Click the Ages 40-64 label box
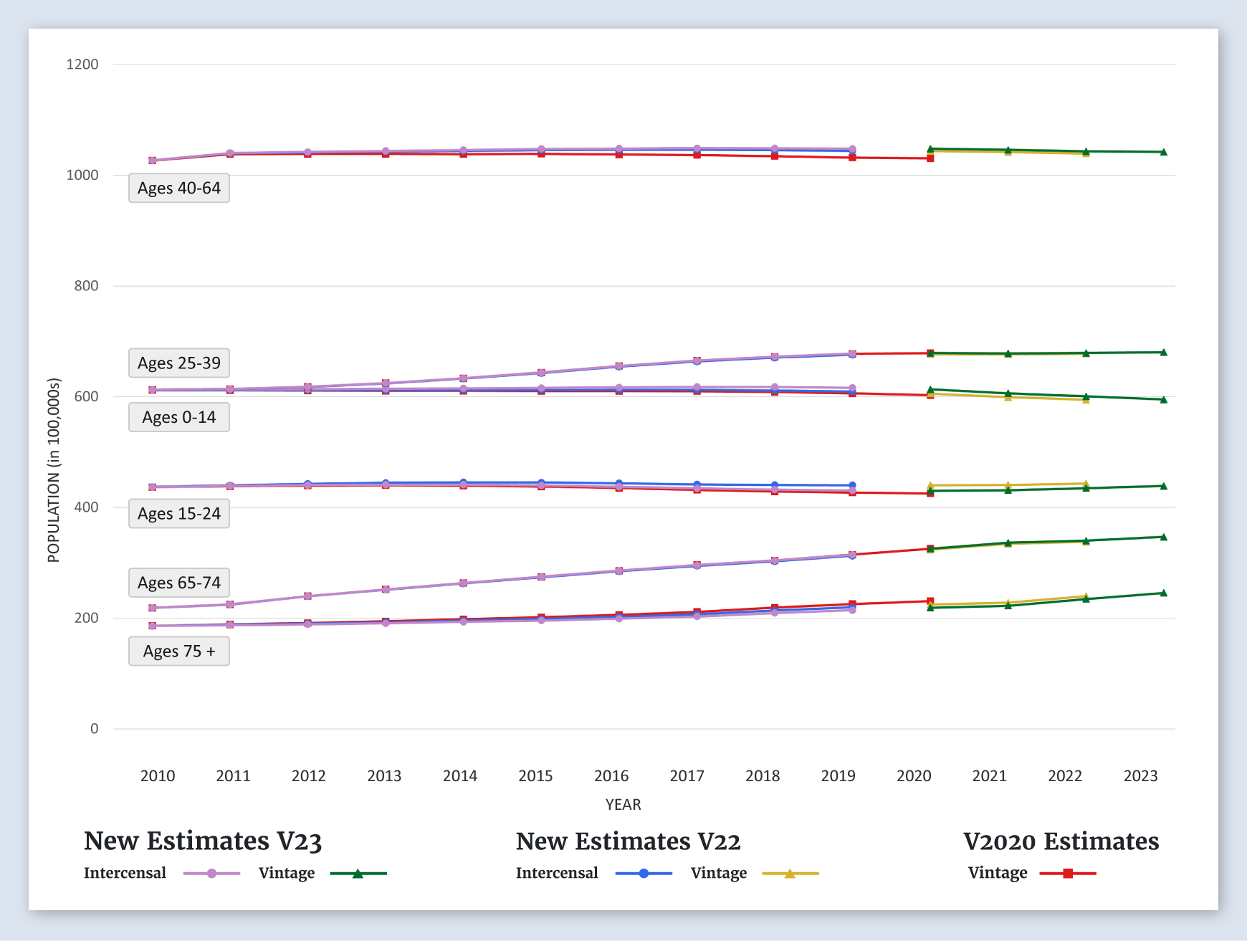179,188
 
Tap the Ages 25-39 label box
179,363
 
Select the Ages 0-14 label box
179,418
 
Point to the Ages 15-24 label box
179,514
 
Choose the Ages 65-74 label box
179,583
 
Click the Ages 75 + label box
179,651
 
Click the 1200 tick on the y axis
82,65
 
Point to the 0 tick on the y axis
94,729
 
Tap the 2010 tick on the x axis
158,776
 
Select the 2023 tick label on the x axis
1140,776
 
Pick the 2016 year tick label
611,776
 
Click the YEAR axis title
623,805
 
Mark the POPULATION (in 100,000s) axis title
54,470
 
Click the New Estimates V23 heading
203,841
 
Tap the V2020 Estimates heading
1061,841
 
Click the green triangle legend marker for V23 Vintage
358,874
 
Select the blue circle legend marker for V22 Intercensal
644,874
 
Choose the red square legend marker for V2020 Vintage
1068,874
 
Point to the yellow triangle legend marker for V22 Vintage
790,874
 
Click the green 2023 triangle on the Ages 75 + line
1163,593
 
